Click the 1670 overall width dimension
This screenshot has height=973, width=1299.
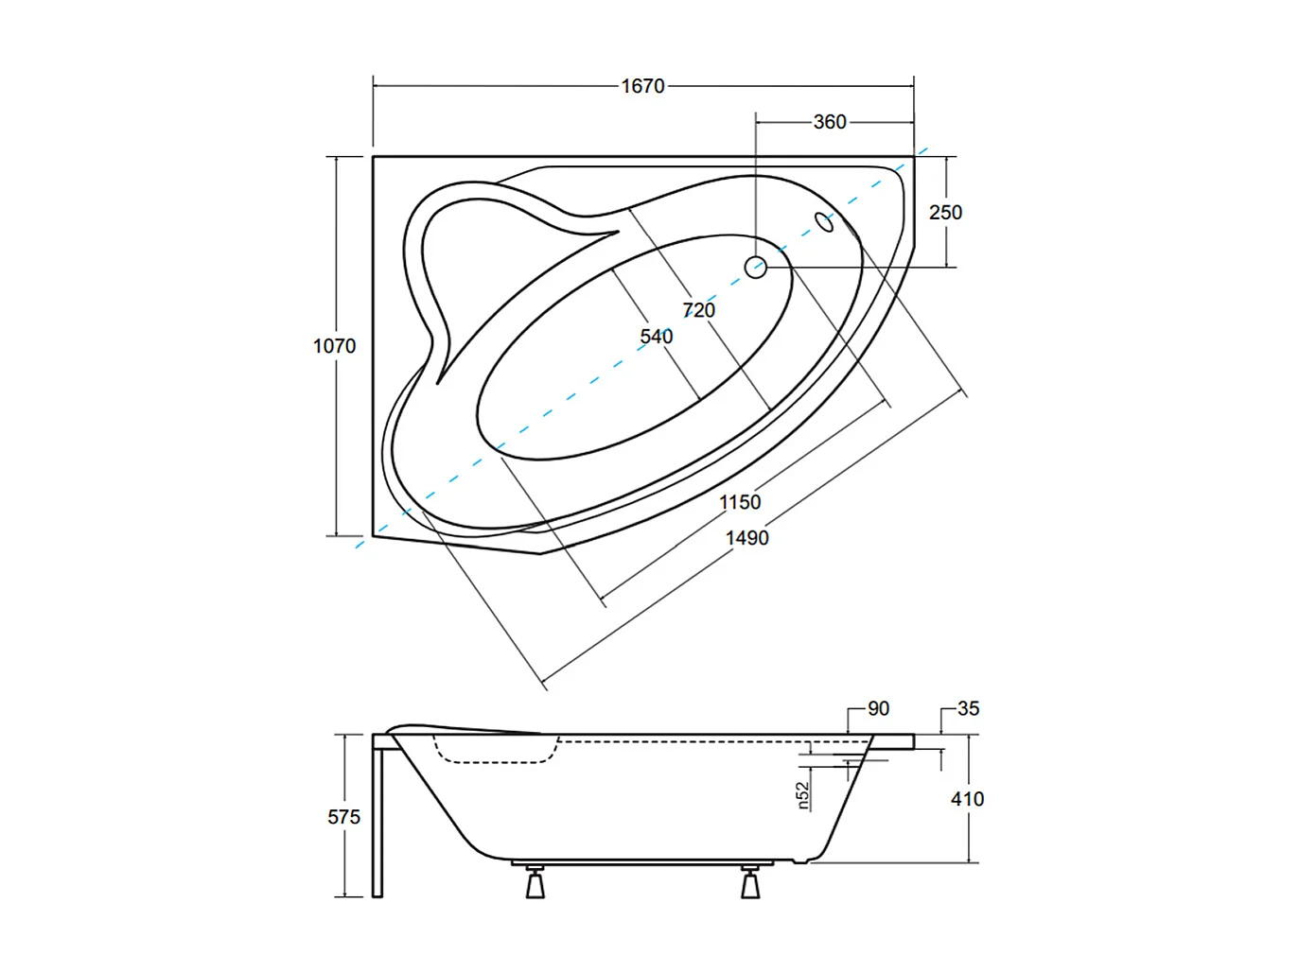pos(642,86)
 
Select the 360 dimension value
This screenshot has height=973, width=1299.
pos(829,122)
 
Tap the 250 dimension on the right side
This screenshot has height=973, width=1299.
pos(944,213)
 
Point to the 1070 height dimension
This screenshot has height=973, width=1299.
pos(334,346)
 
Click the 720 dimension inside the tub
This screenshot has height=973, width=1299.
pos(698,310)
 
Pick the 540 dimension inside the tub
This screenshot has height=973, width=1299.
pos(656,337)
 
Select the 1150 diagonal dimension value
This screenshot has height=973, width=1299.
pos(740,502)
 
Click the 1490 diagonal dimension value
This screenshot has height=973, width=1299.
pos(746,538)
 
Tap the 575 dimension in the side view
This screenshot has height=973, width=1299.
pos(343,817)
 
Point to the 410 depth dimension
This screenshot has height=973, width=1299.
pos(967,799)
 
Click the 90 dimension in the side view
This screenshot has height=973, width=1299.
pos(878,708)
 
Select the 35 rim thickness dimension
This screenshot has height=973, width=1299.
pos(968,708)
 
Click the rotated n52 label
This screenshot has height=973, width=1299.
pos(803,794)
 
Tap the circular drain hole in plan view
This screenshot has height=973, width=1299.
pos(755,268)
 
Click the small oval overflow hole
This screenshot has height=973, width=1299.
pos(824,222)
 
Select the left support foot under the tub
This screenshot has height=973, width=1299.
pos(535,883)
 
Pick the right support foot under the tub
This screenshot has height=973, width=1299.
pos(750,883)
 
